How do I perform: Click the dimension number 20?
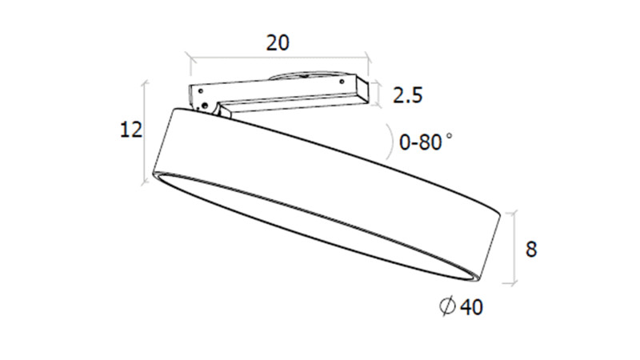(278, 43)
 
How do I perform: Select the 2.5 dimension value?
(406, 97)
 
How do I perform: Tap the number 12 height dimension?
(130, 130)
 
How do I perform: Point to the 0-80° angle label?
(422, 142)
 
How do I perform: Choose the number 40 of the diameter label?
(472, 306)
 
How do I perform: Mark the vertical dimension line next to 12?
(146, 132)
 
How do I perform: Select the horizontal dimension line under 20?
(277, 57)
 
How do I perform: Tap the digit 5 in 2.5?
(415, 97)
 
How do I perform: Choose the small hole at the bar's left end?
(197, 93)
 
